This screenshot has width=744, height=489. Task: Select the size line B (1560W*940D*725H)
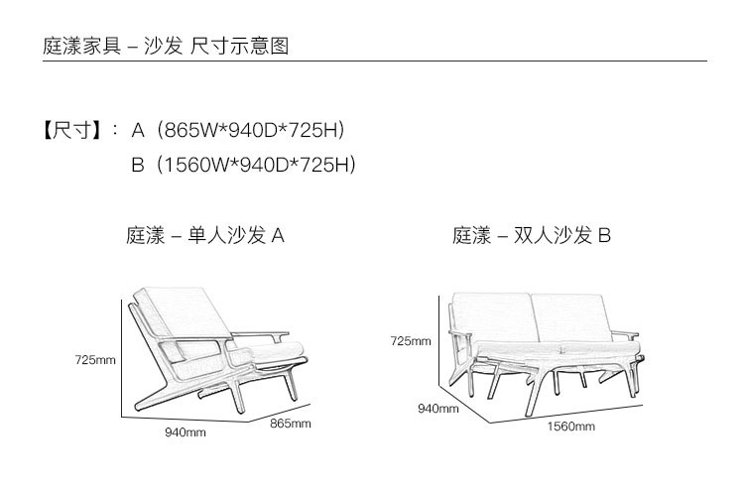point(244,164)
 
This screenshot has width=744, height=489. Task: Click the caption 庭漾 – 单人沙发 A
point(206,236)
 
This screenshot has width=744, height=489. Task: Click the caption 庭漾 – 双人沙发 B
point(532,236)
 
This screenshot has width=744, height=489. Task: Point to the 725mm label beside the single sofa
point(95,359)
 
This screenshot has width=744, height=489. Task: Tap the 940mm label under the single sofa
point(185,431)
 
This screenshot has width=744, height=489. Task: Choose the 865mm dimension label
point(291,424)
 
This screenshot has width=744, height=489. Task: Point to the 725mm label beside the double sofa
point(411,341)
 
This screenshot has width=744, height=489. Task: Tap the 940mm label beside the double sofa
point(437,408)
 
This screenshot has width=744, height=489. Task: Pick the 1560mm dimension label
point(571,427)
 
